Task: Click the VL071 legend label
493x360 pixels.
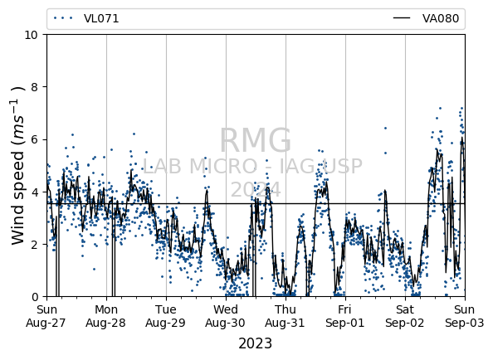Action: click(x=101, y=18)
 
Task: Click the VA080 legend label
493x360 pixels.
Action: click(x=441, y=18)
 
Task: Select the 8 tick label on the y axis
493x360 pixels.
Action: click(x=34, y=87)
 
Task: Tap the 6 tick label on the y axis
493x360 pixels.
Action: click(x=34, y=139)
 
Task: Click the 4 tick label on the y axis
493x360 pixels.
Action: click(x=34, y=192)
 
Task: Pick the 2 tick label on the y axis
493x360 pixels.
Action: click(x=34, y=245)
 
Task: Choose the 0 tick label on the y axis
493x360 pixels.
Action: click(x=34, y=297)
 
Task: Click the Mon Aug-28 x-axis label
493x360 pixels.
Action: click(x=106, y=316)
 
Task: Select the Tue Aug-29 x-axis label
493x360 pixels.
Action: click(x=166, y=316)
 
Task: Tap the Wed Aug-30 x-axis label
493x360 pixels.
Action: click(x=226, y=316)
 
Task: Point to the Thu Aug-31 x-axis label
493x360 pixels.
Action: click(x=286, y=316)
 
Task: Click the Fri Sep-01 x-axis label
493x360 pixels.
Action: click(x=345, y=316)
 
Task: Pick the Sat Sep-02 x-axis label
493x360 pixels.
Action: click(x=405, y=316)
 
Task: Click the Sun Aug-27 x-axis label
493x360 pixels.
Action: click(x=46, y=316)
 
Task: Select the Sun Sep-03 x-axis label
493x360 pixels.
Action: click(x=465, y=316)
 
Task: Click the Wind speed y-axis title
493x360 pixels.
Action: click(x=17, y=166)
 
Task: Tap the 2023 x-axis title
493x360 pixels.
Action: click(x=256, y=343)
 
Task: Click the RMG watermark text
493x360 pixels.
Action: click(x=256, y=140)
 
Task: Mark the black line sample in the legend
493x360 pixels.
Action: click(x=402, y=18)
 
